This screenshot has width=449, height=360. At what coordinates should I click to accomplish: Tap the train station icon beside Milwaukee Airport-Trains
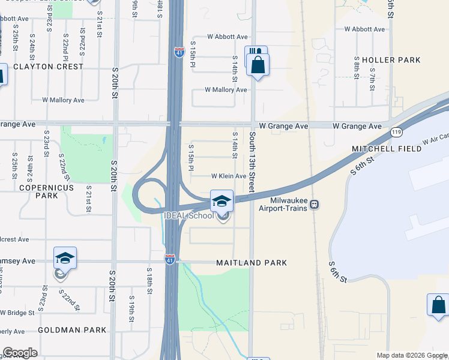click(315, 205)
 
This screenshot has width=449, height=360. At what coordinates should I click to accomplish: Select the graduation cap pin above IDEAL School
click(221, 200)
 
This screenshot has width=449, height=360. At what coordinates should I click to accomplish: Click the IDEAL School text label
click(188, 216)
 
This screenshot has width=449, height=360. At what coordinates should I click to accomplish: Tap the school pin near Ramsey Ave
click(65, 258)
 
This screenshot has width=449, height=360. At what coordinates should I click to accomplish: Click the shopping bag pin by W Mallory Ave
click(258, 65)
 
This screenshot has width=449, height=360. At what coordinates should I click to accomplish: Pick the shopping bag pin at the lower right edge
click(439, 305)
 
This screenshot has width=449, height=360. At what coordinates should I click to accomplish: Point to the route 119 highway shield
click(396, 131)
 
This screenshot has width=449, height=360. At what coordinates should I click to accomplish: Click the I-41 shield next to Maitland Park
click(170, 259)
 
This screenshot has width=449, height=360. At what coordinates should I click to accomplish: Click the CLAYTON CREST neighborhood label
click(49, 67)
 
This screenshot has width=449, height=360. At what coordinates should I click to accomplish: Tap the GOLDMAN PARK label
click(72, 330)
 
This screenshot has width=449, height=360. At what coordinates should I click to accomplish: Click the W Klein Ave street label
click(228, 176)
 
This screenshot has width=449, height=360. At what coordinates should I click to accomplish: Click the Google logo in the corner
click(20, 352)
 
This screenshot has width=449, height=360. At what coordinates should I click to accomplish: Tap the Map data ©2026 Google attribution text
click(412, 355)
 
